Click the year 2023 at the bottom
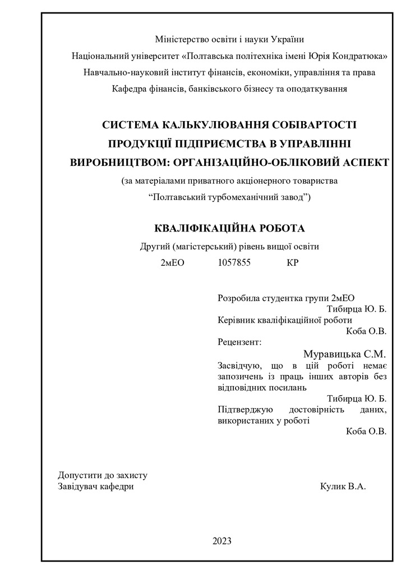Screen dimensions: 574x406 (222, 541)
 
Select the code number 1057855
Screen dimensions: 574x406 (234, 262)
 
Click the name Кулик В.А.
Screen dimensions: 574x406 (342, 487)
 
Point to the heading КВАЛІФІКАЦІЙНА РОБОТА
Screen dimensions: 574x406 (229, 228)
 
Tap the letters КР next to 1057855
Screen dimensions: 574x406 (292, 262)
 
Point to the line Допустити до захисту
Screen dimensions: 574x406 (103, 475)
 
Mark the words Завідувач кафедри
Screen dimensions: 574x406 (96, 487)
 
